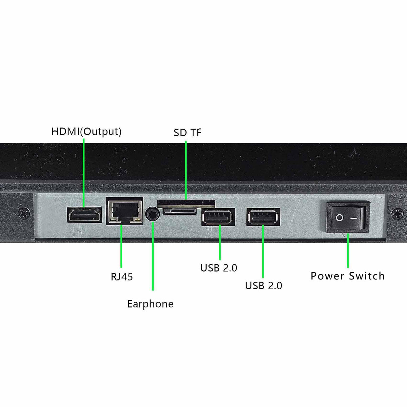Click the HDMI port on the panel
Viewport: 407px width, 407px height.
point(84,214)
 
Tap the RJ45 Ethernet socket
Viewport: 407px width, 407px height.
point(124,211)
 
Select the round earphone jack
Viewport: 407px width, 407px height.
point(152,214)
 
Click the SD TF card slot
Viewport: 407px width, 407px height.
point(186,207)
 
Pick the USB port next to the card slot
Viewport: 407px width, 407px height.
point(218,217)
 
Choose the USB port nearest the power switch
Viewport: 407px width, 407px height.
point(263,217)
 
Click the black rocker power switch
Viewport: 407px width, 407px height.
point(348,217)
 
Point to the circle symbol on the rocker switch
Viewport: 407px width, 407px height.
point(340,218)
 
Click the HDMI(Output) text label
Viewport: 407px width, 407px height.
point(86,132)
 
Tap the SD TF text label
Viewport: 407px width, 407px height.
point(187,133)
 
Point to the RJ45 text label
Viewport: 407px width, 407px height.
point(122,277)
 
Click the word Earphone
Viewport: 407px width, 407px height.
point(150,304)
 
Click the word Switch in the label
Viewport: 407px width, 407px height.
point(367,276)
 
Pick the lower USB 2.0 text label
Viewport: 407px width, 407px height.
point(264,286)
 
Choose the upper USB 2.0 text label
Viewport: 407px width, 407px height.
point(219,268)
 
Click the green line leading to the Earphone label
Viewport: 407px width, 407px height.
point(153,256)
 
